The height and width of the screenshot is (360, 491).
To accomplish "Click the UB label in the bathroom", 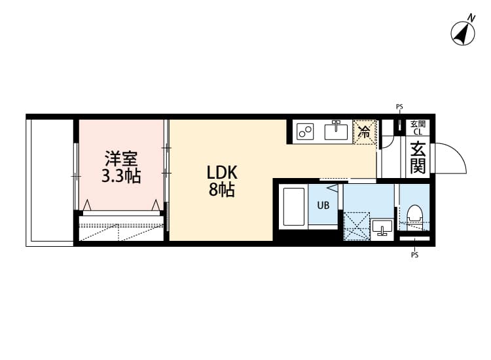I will (323, 205).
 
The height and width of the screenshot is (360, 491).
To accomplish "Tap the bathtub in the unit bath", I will (293, 207).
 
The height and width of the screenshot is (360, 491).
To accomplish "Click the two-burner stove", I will (305, 132).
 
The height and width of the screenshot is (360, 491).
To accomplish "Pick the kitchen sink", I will (336, 131).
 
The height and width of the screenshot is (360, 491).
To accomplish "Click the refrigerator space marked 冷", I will (365, 131).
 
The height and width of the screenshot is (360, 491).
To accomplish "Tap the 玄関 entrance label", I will (418, 157).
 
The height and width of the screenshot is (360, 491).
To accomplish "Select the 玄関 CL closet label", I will (418, 127).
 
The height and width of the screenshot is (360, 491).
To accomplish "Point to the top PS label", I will (399, 106).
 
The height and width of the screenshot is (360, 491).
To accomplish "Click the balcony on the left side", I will (50, 181).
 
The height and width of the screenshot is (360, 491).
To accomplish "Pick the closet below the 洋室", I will (120, 230).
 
